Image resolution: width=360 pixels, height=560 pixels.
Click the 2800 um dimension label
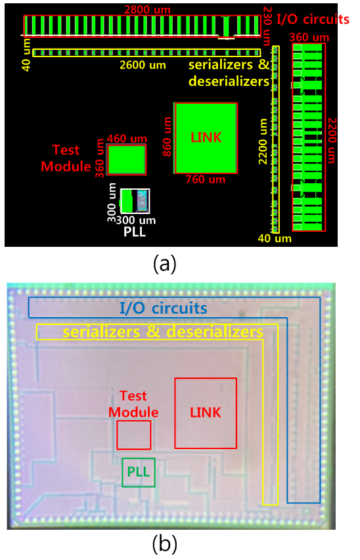pyautogui.click(x=147, y=10)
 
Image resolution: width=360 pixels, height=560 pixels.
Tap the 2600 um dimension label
pyautogui.click(x=143, y=65)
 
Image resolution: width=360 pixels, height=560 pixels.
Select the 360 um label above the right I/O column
pyautogui.click(x=309, y=37)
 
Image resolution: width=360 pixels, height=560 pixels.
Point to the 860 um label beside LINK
pyautogui.click(x=168, y=137)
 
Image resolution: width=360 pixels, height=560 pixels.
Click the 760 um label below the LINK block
pyautogui.click(x=206, y=179)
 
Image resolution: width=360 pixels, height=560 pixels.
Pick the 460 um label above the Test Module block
pyautogui.click(x=127, y=139)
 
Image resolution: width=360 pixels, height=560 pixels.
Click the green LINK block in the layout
pyautogui.click(x=206, y=139)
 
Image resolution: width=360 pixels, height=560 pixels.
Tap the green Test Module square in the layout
pyautogui.click(x=127, y=160)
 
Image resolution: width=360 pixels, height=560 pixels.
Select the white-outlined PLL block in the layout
pyautogui.click(x=135, y=201)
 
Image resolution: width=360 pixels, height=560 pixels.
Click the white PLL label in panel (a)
pyautogui.click(x=135, y=232)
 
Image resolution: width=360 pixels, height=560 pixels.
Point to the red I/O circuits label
pyautogui.click(x=313, y=19)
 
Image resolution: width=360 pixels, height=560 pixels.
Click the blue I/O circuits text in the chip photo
pyautogui.click(x=164, y=308)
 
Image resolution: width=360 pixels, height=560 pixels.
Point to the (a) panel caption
pyautogui.click(x=164, y=265)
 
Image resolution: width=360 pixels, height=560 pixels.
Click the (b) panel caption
pyautogui.click(x=164, y=544)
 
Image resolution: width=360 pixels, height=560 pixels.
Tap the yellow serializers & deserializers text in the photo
pyautogui.click(x=163, y=332)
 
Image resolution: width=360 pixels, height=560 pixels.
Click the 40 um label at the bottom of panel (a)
pyautogui.click(x=275, y=238)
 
